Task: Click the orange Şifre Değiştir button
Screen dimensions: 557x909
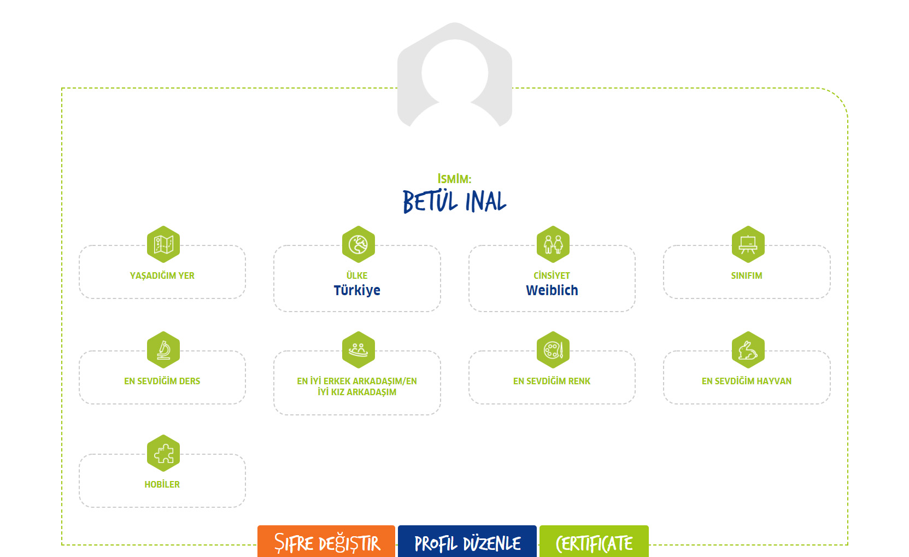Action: tap(326, 542)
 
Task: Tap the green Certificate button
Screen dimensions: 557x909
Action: tap(594, 542)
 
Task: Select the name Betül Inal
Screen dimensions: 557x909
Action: tap(454, 201)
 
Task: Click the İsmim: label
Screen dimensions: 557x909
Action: tap(454, 179)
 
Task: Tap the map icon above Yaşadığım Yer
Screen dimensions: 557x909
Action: tap(163, 244)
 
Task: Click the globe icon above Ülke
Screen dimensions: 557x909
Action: tap(358, 244)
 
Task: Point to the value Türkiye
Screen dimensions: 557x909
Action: tap(357, 290)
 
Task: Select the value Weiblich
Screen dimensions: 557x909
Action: tap(552, 290)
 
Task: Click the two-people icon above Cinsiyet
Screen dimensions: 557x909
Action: tap(553, 244)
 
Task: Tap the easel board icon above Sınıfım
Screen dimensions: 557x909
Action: tap(748, 244)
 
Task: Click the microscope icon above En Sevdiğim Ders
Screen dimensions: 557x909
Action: tap(163, 350)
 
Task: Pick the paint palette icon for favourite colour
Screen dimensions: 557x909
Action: tap(553, 350)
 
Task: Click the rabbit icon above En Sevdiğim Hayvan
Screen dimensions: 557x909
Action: tap(748, 350)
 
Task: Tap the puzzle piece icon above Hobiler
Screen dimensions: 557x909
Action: tap(163, 453)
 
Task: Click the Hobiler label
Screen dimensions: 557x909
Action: tap(162, 484)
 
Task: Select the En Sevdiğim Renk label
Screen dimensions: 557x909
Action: tap(552, 381)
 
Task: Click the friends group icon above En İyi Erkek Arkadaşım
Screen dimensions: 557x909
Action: tap(358, 350)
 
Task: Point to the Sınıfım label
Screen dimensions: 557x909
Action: tap(747, 275)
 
